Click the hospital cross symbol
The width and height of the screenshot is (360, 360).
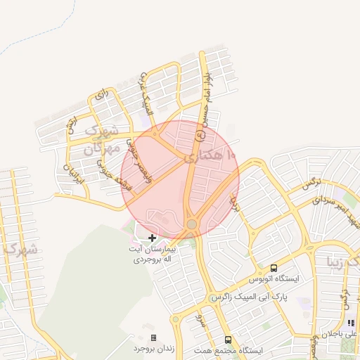coord(152,238)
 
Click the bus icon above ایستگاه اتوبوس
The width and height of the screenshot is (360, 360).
coord(274,268)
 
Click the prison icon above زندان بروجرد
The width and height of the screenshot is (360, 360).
coord(154,338)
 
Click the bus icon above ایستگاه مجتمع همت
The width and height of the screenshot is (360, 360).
coord(227,339)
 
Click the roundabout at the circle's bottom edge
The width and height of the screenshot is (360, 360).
coord(191,224)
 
